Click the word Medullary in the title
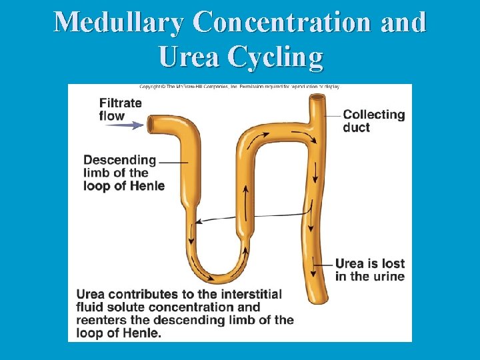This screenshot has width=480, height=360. (118, 23)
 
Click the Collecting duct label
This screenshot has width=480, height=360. (373, 121)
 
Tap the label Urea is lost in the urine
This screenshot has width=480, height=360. (369, 270)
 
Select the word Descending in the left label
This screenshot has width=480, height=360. (120, 161)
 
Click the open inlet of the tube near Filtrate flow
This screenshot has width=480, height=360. (152, 124)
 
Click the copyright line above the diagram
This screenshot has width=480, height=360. (239, 87)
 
